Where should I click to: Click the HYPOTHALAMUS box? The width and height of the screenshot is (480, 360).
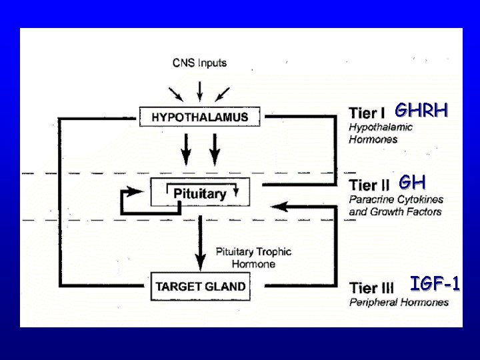pos(199,117)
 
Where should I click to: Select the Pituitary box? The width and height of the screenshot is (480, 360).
pos(199,193)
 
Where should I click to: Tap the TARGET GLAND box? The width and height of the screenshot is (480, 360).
pos(199,286)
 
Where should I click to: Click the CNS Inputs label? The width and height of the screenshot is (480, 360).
pos(199,63)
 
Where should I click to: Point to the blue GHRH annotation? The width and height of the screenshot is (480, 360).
pos(421,110)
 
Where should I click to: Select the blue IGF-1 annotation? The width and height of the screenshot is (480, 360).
pos(435,285)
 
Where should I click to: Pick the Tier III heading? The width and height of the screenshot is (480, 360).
pos(371,288)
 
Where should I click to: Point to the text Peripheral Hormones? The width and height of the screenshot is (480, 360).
pos(399,303)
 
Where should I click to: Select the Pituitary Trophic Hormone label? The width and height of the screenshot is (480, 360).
pos(253,257)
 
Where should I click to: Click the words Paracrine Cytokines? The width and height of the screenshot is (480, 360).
pos(395,199)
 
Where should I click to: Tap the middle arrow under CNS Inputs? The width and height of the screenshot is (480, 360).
pos(199,89)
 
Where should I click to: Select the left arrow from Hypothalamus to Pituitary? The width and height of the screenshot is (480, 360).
pos(186,149)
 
